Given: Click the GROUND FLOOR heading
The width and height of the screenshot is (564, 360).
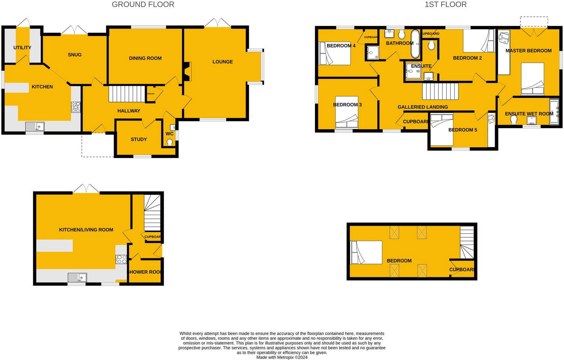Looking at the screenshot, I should click(x=143, y=5).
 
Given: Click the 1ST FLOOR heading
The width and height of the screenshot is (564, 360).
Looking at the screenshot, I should click(x=445, y=5).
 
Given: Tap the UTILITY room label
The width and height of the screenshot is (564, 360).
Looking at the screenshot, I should click(x=22, y=47).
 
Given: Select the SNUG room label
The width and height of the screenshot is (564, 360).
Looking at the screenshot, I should click(x=75, y=55).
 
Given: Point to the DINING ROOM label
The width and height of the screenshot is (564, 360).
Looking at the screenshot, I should click(x=145, y=58).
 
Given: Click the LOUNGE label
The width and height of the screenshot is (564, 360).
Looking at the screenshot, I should click(x=222, y=62).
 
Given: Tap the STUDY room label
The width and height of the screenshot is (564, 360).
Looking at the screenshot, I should click(x=139, y=139).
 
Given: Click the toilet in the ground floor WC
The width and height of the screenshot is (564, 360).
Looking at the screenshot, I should click(x=170, y=142).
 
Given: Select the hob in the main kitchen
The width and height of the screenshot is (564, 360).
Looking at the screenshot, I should click(x=75, y=107).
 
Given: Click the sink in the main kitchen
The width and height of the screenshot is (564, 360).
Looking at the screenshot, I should click(x=35, y=126).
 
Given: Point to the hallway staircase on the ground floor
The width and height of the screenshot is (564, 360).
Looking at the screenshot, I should click(x=126, y=94).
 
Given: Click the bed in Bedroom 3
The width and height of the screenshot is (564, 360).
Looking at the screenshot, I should click(x=347, y=112).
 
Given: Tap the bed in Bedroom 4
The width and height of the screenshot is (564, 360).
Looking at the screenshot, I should click(x=335, y=54).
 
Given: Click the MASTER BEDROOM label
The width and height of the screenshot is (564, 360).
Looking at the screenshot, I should click(x=528, y=50).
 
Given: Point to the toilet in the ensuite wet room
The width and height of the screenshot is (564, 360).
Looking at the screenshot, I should click(x=513, y=120).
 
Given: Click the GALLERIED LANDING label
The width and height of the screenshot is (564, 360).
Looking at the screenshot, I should click(x=422, y=107).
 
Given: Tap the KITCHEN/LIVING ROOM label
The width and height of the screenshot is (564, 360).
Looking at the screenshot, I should click(x=86, y=230).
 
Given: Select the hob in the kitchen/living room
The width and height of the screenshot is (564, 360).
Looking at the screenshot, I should click(x=121, y=259).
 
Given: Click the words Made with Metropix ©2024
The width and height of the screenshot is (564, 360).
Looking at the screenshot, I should click(x=282, y=357).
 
